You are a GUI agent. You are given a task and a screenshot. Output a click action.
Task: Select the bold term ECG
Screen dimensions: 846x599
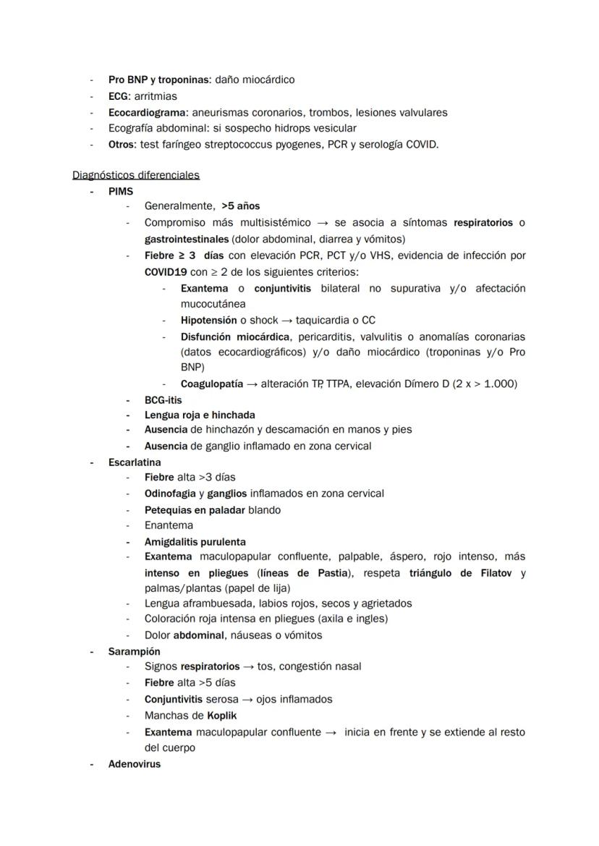119,96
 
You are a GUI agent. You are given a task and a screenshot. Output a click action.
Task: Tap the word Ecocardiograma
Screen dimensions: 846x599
148,112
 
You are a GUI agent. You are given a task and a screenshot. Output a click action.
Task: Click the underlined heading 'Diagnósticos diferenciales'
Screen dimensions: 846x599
136,175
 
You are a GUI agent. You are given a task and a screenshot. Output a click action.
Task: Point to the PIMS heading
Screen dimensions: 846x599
121,191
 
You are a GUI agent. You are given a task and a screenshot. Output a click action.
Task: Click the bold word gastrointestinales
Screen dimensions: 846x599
187,239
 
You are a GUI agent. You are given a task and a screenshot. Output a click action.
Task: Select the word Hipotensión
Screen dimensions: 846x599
208,320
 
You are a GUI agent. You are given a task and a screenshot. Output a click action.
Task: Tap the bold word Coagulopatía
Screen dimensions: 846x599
211,384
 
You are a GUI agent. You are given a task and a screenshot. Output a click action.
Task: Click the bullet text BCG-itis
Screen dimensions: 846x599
163,400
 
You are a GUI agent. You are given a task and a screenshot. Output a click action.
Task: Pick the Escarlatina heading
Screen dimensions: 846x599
135,462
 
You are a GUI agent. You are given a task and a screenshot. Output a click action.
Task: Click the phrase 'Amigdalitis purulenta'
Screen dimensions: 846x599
195,541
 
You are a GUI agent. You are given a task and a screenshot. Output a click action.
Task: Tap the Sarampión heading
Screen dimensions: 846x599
135,651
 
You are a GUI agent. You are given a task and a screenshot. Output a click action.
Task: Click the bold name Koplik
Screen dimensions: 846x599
221,716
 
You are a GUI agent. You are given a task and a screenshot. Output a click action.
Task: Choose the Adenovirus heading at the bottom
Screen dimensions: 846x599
135,763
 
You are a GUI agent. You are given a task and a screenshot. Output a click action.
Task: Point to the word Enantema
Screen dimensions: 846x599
169,525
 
